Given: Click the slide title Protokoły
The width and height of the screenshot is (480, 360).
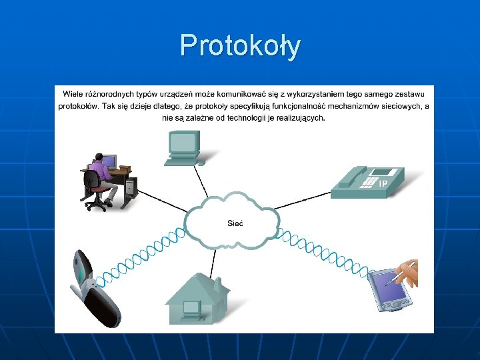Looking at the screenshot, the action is (240, 45).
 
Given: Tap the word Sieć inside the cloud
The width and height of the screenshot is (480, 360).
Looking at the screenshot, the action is (235, 223).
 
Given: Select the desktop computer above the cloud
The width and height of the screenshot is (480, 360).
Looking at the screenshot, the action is (184, 147).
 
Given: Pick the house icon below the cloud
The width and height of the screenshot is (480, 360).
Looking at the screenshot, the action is (197, 297).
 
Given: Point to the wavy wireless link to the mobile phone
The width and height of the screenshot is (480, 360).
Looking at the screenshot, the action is (143, 253).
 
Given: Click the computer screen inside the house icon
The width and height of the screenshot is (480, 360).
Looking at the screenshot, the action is (192, 307).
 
